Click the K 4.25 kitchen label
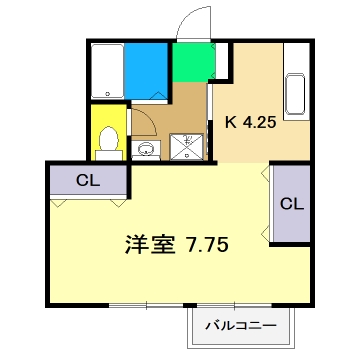[251, 123]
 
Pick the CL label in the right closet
[291, 204]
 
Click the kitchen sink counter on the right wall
[296, 96]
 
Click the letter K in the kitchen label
[230, 123]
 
